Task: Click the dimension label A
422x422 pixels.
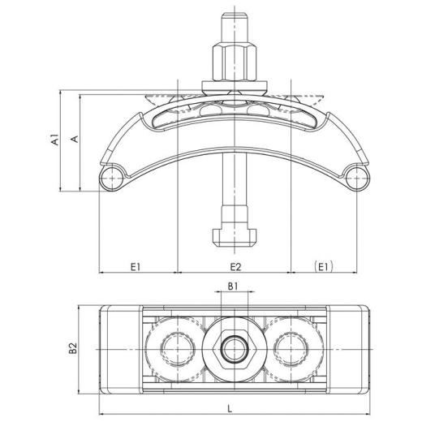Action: click(x=74, y=140)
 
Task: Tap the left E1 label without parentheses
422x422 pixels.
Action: click(x=136, y=265)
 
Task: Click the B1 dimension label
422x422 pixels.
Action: click(x=232, y=286)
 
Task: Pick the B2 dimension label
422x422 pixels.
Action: click(x=72, y=349)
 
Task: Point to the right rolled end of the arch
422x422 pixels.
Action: click(x=354, y=177)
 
